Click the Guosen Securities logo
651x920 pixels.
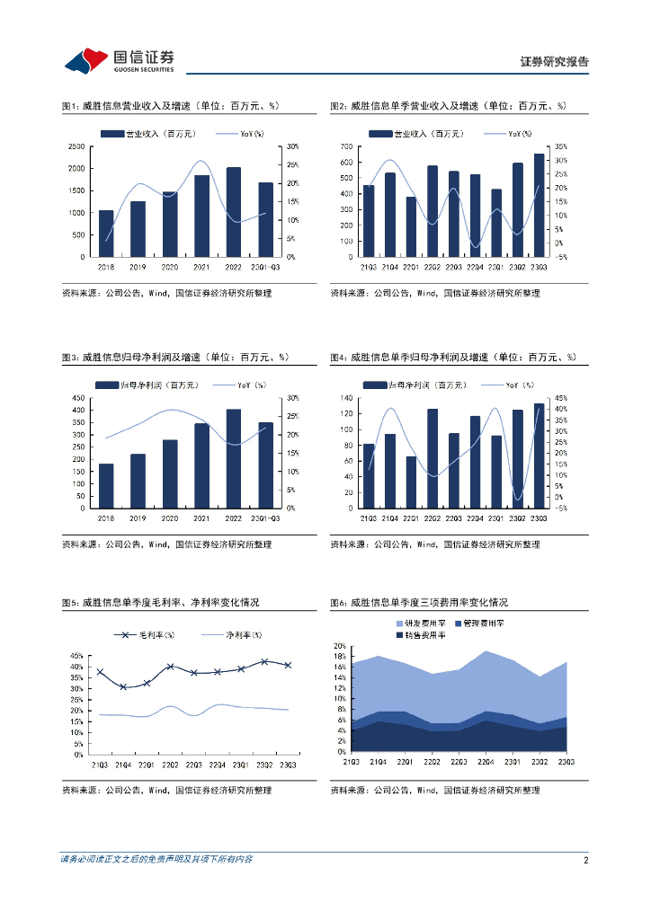(x=119, y=60)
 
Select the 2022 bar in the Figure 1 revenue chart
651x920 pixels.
(x=233, y=212)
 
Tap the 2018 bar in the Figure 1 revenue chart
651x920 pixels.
(x=106, y=234)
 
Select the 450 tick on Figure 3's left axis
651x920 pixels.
(x=78, y=398)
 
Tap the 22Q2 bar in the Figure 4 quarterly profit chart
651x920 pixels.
(x=433, y=458)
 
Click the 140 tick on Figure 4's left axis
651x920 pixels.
(x=345, y=398)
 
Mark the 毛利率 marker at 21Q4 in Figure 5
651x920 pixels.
(x=123, y=687)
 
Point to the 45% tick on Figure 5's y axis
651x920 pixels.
(x=76, y=656)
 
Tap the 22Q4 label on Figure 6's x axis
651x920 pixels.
(x=486, y=762)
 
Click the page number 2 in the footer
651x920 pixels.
(x=585, y=860)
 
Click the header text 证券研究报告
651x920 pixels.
(x=555, y=62)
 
